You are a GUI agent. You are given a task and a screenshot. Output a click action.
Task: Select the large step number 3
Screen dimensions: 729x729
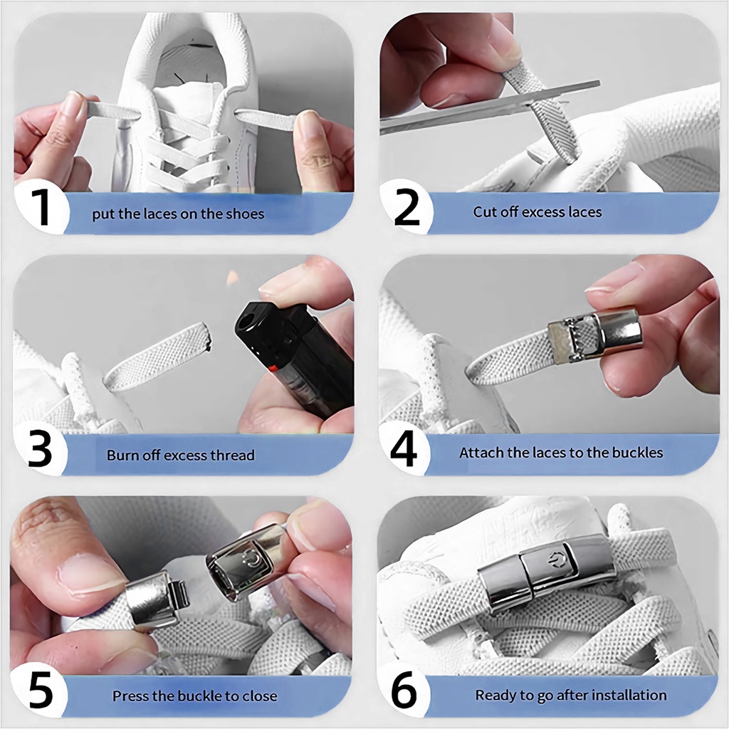[40, 449]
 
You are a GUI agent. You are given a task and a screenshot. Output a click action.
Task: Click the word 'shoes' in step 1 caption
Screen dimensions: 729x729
[245, 214]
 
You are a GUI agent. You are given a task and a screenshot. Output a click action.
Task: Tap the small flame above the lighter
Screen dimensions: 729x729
[231, 278]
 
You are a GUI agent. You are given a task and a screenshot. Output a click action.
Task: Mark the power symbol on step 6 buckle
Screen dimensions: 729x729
[552, 561]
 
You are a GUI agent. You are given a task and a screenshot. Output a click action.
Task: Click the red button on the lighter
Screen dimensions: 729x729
[274, 369]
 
